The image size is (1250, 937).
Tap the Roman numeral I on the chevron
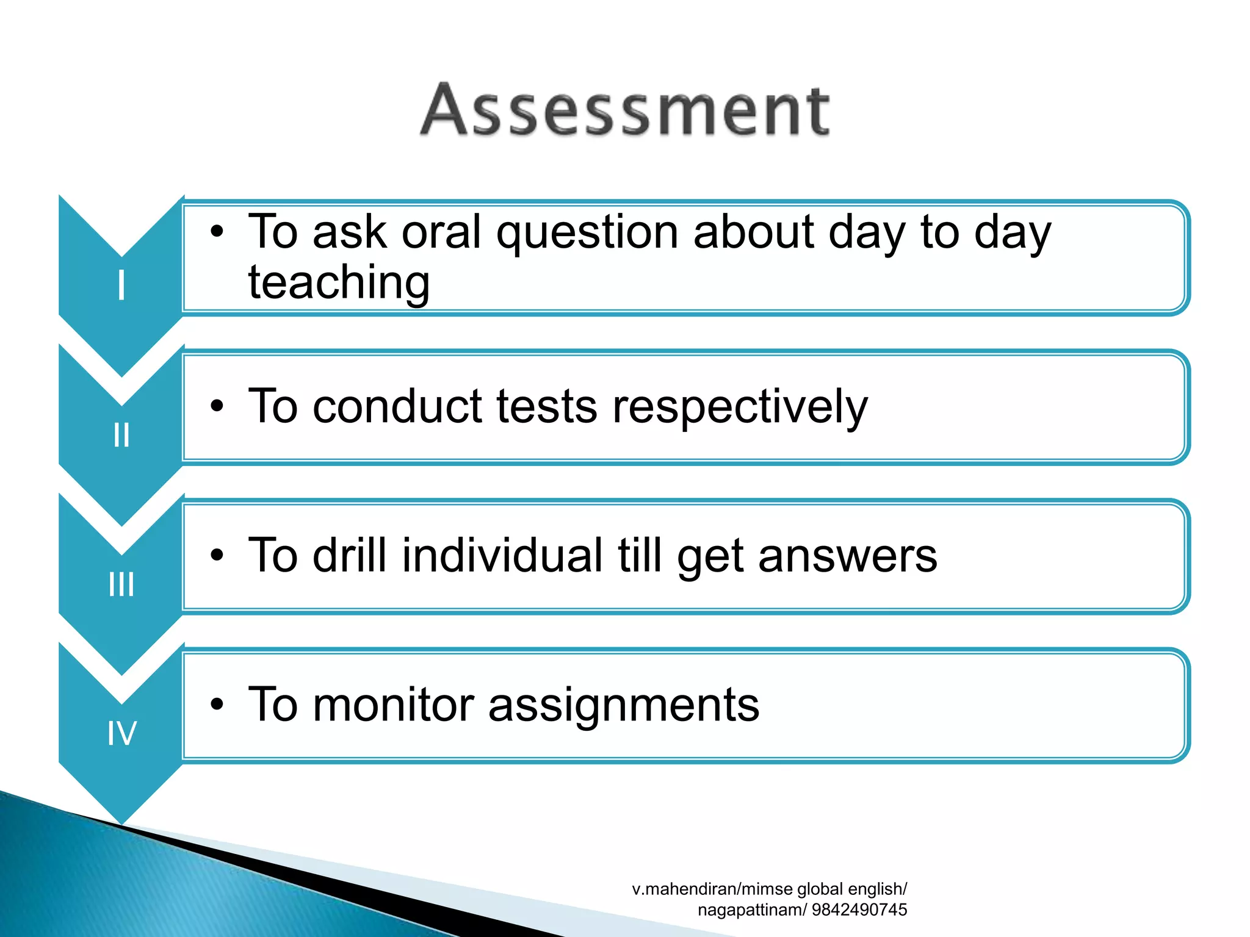pos(121,285)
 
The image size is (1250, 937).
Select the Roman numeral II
pos(121,435)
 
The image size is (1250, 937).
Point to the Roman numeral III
pos(121,584)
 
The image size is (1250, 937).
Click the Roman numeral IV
pos(121,733)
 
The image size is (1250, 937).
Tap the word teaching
pos(339,283)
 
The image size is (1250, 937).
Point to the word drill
pos(350,555)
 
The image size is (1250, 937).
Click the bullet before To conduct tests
pos(217,406)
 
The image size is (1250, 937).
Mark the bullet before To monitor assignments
pos(217,705)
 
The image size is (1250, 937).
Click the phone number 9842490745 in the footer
pos(859,910)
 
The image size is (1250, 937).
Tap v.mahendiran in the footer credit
pos(684,889)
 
